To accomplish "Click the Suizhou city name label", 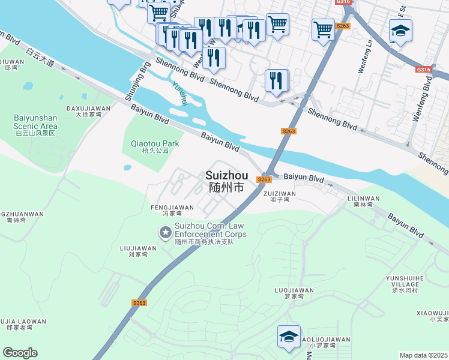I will pos(226,181).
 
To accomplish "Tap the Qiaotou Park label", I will pos(155,147).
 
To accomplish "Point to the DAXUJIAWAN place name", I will pos(88,111).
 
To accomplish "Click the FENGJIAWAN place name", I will pos(172,210).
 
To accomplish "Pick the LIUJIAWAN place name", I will pos(138,250).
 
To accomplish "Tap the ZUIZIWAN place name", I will pos(280,196).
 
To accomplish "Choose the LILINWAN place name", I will pos(363,201).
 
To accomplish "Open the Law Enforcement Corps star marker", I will pos(164,232).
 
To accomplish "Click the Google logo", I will pos(20,353).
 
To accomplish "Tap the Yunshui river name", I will pos(179,94).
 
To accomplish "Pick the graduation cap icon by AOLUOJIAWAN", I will pos(289,337).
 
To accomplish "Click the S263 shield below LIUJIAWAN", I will pos(139,303).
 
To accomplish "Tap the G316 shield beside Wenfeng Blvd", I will pos(423,70).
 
